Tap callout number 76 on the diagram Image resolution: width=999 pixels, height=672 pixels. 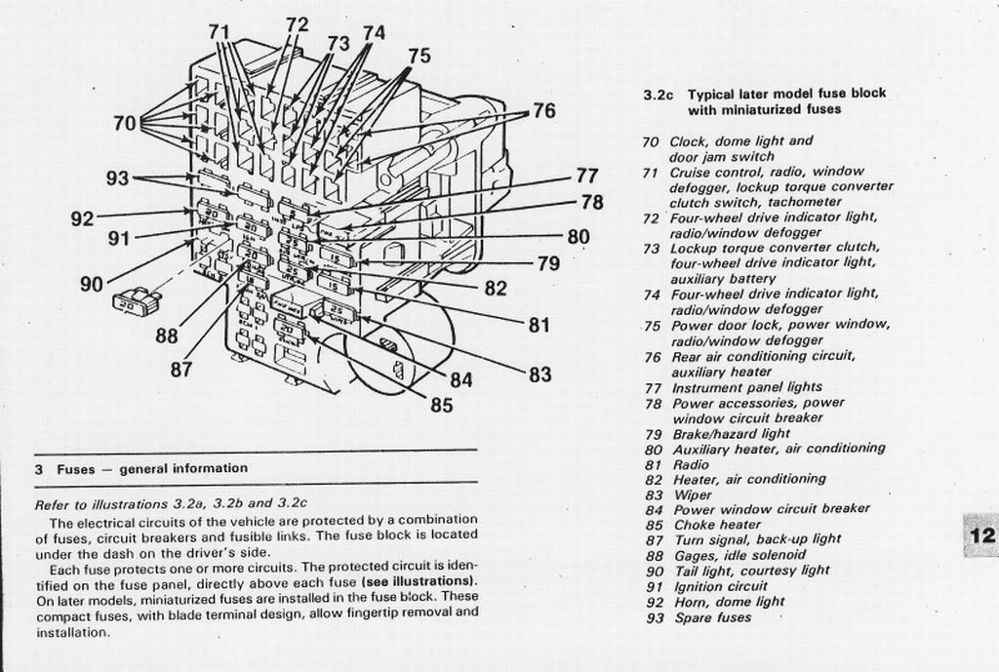[543, 111]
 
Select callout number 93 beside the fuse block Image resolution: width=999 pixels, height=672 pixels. [117, 178]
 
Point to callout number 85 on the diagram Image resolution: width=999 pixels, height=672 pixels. [441, 405]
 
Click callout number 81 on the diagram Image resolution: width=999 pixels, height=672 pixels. [539, 325]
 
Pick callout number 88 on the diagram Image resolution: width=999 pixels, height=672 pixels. [167, 336]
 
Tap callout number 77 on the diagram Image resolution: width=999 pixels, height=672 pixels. [586, 177]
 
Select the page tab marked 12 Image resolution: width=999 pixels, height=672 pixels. [980, 534]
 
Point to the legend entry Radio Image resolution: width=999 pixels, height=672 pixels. [691, 464]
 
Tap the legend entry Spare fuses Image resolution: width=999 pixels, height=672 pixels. [713, 617]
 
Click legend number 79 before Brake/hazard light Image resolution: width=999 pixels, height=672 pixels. [653, 433]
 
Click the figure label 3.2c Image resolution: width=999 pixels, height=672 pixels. [659, 95]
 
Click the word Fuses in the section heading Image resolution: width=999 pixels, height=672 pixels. [75, 469]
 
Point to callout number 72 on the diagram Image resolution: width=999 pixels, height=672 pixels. [298, 24]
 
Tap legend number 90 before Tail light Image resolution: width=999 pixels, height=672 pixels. [653, 571]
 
